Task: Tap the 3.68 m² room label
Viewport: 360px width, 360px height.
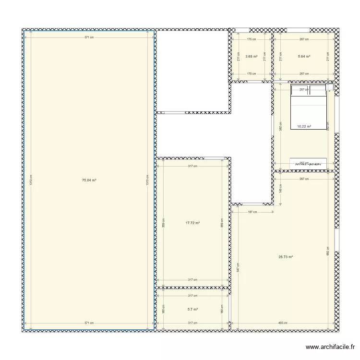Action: coord(251,57)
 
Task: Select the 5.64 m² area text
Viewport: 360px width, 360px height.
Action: coord(304,57)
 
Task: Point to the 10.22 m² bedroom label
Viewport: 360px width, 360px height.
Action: coord(304,127)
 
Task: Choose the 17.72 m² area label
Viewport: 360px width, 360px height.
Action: coord(192,223)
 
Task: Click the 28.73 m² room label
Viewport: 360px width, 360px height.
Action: coord(286,257)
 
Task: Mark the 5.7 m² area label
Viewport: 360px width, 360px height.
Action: coord(192,310)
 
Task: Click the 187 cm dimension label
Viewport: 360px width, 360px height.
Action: coord(252,212)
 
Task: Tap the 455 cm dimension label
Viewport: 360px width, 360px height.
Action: coord(284,323)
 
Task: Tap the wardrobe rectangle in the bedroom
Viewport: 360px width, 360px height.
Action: coord(308,163)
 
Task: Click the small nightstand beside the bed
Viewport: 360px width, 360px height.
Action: coord(330,87)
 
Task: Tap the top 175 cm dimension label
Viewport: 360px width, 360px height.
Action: coord(251,40)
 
